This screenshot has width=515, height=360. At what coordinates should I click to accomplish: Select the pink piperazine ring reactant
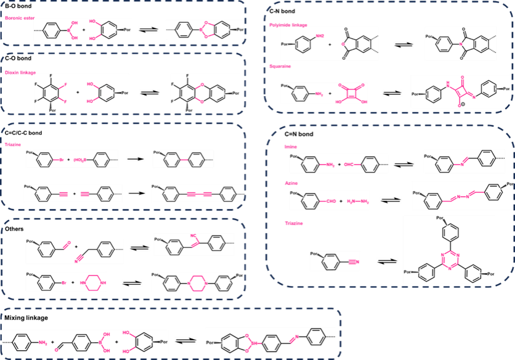pos(95,281)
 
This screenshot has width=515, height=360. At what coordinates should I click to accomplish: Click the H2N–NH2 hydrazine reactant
pos(357,201)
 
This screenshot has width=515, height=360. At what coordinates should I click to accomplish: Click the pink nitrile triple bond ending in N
pos(351,262)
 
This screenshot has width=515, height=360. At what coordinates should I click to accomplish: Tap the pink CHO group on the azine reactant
pos(323,201)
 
